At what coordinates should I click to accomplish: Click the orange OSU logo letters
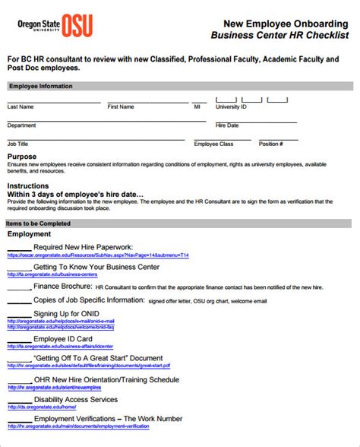coord(77,25)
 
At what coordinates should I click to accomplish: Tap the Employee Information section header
coord(40,87)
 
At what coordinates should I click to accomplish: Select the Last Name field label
coord(21,107)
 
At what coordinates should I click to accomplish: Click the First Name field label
coord(121,107)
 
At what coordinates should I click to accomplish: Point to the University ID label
coord(231,107)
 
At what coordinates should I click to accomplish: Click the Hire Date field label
coord(227,125)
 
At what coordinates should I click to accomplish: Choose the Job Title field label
coord(17,144)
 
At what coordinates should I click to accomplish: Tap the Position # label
coord(271,144)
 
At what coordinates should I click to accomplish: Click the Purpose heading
coord(22,157)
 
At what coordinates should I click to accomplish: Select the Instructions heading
coord(28,185)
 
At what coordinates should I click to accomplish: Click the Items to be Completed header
coord(39,223)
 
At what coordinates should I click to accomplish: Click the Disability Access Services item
coord(75,398)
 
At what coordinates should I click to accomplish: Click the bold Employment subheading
coord(29,234)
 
